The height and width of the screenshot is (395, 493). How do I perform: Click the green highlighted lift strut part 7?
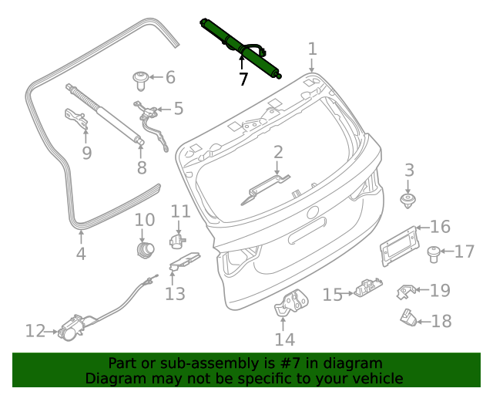point(240,48)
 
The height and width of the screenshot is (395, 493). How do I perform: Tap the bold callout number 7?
point(243,79)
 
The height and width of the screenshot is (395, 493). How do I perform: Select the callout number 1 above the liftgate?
point(312,49)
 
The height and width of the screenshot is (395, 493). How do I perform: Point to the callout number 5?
point(178,109)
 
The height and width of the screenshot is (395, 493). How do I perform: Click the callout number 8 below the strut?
point(141,167)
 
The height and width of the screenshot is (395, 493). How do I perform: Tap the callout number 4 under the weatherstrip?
point(81,254)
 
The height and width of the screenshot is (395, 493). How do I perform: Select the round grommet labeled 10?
point(144,249)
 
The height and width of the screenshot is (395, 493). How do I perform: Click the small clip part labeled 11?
point(176,241)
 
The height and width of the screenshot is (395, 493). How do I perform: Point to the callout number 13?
point(175,293)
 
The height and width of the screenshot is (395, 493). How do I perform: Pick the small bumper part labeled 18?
point(408,316)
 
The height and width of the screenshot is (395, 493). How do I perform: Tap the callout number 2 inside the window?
point(278,153)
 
